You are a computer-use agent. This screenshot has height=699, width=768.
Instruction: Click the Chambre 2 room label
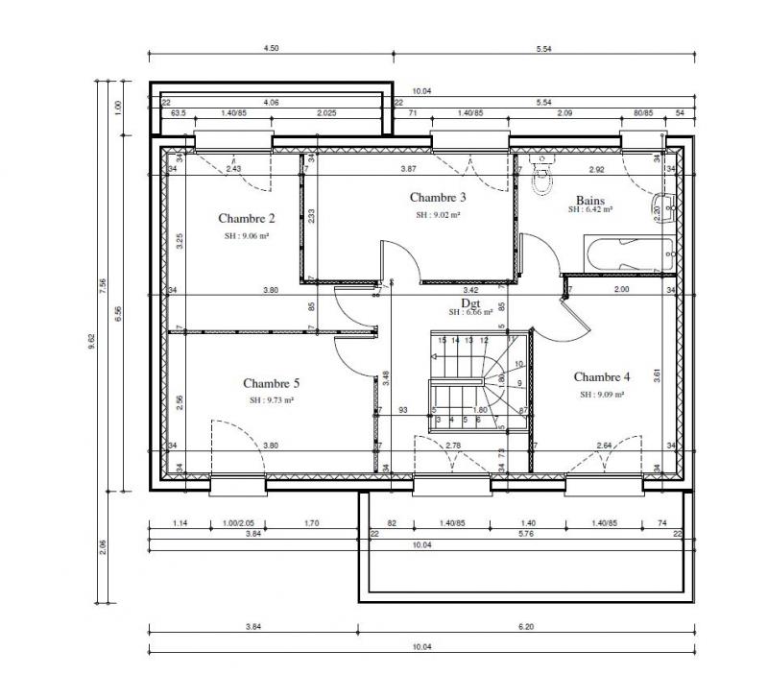pos(247,217)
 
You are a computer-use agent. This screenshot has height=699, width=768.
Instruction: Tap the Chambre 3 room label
pos(438,198)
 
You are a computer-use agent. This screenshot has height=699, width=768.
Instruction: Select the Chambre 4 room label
pos(602,376)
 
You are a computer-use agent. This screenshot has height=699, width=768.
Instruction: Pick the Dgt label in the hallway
pos(470,301)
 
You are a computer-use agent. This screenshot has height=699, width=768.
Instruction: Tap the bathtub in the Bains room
pos(625,256)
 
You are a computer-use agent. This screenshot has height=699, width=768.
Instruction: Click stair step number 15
pos(442,340)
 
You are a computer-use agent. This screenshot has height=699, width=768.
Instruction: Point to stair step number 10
pos(518,364)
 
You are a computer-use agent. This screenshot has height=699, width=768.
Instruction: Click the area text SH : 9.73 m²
pos(272,399)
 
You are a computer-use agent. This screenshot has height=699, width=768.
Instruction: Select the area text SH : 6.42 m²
pos(589,208)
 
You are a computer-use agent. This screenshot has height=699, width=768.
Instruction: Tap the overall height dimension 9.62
pos(93,340)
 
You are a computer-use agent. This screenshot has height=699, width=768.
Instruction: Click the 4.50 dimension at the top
pos(271,48)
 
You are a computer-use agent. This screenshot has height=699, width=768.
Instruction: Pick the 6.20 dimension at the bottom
pos(524,629)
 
